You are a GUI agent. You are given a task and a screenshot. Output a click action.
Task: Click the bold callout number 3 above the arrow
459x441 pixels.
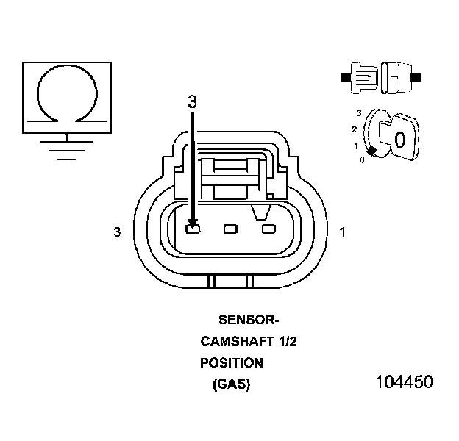[192, 102]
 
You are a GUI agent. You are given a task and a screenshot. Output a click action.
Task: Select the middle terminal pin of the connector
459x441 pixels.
[231, 229]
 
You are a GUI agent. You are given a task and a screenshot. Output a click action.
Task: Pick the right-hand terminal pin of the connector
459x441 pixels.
[268, 229]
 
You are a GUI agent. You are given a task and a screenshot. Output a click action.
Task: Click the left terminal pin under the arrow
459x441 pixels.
[193, 230]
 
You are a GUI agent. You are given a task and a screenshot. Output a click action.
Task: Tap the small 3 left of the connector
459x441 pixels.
[117, 232]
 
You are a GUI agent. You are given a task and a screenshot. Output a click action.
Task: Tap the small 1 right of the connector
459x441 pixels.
[342, 232]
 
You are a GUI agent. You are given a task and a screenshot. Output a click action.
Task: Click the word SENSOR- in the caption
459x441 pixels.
[249, 320]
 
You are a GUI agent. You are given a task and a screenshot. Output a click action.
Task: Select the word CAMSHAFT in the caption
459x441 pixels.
[230, 341]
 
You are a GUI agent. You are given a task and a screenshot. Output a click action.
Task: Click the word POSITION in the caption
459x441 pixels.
[231, 362]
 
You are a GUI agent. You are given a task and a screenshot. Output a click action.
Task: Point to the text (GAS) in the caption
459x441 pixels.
[231, 384]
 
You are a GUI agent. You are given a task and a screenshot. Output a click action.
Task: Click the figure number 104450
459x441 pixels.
[404, 382]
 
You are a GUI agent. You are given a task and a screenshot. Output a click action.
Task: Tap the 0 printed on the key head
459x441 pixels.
[400, 139]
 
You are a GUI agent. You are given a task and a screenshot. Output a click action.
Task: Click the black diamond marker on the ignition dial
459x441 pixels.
[372, 151]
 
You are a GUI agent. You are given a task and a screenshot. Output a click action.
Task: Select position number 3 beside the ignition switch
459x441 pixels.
[358, 112]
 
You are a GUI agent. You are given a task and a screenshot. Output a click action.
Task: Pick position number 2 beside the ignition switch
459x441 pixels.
[354, 129]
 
